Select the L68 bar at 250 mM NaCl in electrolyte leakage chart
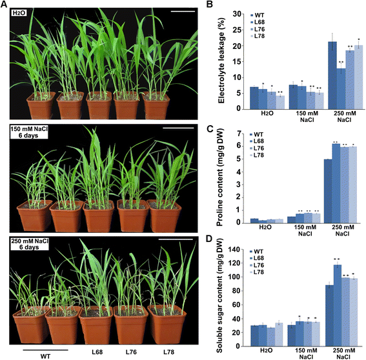[341, 88]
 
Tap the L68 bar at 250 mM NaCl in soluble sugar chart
[338, 305]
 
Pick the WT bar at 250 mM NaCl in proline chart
[328, 191]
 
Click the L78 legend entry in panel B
[258, 36]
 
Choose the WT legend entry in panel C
[256, 135]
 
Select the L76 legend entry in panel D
[257, 265]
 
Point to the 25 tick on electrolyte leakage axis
[238, 30]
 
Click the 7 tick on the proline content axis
[238, 134]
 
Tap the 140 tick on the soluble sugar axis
[234, 250]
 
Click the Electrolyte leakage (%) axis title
[221, 60]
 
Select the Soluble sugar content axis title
[219, 296]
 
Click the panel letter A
[4, 5]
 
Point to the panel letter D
[209, 239]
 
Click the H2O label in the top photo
[19, 13]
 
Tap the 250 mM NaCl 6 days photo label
[30, 244]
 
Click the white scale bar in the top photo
[183, 11]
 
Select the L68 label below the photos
[97, 352]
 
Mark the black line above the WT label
[46, 350]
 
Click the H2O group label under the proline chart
[265, 227]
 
